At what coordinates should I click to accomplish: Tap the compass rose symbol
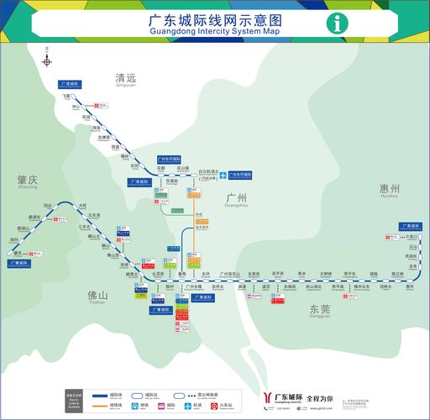click(48, 60)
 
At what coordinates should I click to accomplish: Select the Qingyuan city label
click(125, 79)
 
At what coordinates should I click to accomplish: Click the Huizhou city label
click(388, 190)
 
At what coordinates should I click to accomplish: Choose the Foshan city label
click(98, 297)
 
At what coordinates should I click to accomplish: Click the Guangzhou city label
click(237, 199)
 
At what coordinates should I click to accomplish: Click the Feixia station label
click(68, 97)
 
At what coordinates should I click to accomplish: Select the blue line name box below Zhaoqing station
click(20, 263)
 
